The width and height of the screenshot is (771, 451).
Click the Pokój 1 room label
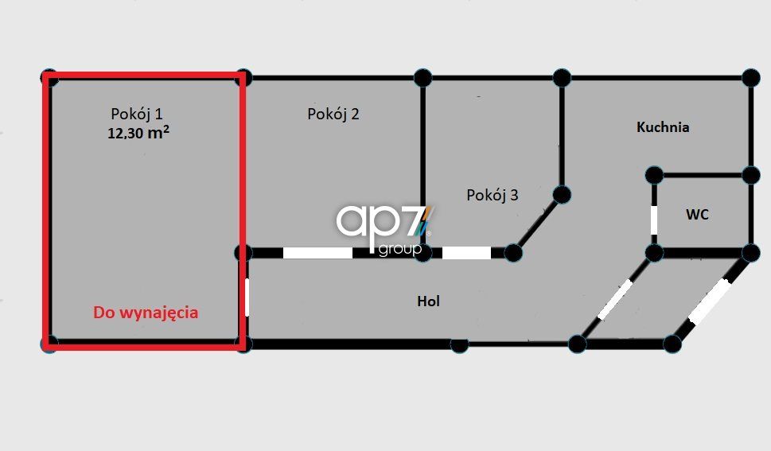(137, 114)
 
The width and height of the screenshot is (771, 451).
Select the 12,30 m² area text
(138, 132)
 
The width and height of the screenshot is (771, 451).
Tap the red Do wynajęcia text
(146, 313)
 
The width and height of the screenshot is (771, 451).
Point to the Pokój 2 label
(333, 114)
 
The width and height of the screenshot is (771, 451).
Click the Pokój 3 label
(493, 195)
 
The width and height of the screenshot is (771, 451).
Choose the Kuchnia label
(663, 127)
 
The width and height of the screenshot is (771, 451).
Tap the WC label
(697, 215)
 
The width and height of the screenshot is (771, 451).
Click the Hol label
(428, 301)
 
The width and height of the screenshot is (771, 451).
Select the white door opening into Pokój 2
(317, 253)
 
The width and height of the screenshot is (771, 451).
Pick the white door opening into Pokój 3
(466, 253)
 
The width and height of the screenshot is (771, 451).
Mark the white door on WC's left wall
(654, 220)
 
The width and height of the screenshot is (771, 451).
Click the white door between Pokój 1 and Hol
(247, 297)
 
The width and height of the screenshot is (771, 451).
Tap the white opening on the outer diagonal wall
(710, 301)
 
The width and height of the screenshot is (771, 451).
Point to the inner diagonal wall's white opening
(614, 299)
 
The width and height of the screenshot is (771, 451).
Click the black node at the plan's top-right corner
(751, 78)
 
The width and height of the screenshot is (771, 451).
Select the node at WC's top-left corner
(654, 175)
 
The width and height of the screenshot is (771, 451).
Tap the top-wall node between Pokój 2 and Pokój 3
(422, 78)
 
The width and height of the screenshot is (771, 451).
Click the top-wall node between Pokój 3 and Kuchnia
(562, 78)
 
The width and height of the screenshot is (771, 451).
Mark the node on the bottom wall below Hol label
(459, 345)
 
